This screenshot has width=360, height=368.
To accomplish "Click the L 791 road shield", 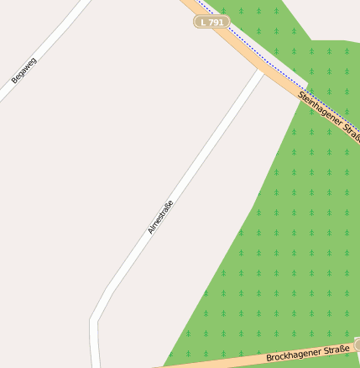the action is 211,22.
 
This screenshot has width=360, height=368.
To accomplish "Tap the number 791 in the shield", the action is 216,22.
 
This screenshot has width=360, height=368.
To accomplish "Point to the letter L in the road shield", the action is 203,22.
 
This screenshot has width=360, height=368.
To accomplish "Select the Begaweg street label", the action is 24,70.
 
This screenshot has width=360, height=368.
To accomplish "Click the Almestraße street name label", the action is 160,217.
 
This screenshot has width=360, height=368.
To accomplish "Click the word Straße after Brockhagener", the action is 333,349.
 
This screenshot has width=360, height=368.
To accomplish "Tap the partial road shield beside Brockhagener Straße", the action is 357,344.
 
